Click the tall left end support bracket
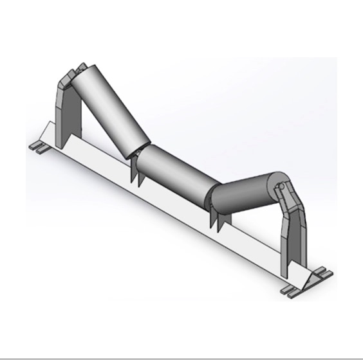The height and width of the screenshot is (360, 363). point(62,116)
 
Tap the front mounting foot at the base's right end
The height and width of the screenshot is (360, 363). point(293,290)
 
